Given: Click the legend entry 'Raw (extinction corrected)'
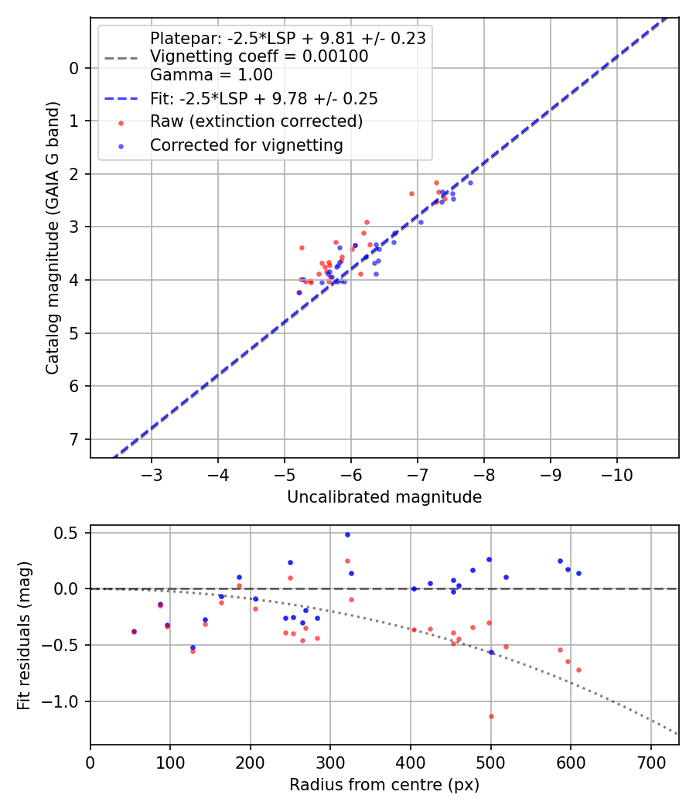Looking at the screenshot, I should tap(256, 121).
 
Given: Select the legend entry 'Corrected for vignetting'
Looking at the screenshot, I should tap(246, 145).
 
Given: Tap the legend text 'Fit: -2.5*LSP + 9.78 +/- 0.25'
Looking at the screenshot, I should tap(264, 99).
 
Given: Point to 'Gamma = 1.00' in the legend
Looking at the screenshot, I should tap(211, 75).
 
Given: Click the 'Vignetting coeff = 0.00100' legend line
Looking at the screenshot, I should tap(259, 56).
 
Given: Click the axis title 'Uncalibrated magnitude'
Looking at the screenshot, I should tap(384, 497).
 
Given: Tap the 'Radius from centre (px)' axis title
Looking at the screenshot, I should tap(384, 785).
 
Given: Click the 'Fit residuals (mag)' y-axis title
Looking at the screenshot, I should tap(25, 635).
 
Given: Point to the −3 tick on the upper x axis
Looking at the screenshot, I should tap(152, 473).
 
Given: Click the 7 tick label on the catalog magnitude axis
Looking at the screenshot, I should tap(74, 439).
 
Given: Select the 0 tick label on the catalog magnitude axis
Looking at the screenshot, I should tap(74, 68).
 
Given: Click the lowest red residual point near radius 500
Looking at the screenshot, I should tap(491, 716).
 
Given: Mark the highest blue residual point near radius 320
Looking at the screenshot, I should tap(347, 534).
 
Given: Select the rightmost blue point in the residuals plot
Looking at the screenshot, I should tap(578, 573).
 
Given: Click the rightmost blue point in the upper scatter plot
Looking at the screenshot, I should tap(470, 183).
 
